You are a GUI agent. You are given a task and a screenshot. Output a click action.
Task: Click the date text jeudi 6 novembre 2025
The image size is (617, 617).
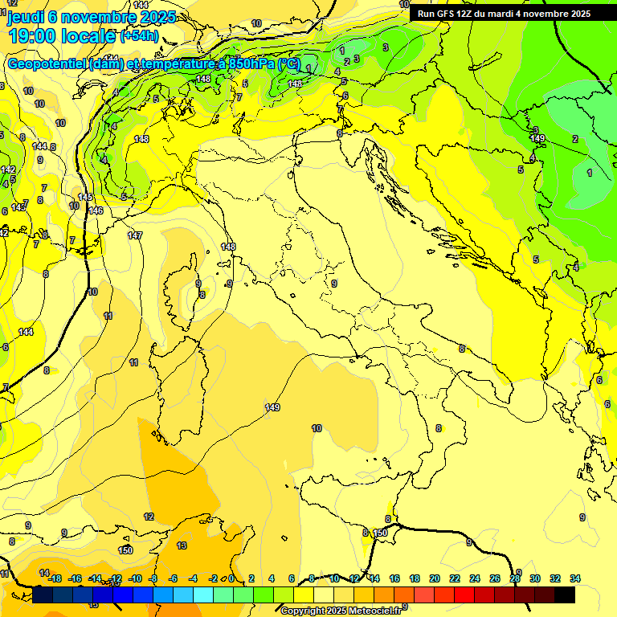click(81, 16)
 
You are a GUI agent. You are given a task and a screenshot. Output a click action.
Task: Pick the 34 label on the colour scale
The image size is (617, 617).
click(575, 578)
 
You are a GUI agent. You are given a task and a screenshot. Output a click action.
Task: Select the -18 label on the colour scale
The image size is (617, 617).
click(55, 578)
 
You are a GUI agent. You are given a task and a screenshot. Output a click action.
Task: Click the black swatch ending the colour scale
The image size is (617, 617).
click(565, 595)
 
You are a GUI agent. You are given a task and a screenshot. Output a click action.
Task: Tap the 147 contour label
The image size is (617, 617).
click(135, 235)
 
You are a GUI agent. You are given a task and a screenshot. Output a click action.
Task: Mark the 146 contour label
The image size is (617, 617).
click(96, 210)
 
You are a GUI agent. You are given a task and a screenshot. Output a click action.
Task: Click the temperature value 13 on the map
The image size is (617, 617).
click(182, 545)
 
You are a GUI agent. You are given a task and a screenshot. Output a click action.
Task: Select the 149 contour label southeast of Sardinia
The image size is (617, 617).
click(272, 408)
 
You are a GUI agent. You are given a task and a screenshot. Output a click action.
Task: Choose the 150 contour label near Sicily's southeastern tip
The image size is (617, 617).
click(381, 533)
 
